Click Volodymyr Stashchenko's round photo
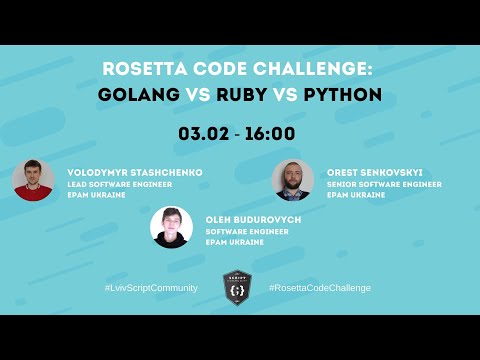point(33,180)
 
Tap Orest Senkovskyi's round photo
point(293,180)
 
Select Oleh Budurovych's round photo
point(171,227)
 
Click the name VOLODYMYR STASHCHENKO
point(134,172)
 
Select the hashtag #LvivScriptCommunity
point(151,288)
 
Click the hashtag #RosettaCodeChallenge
point(320,288)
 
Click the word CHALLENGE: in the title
point(318,69)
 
